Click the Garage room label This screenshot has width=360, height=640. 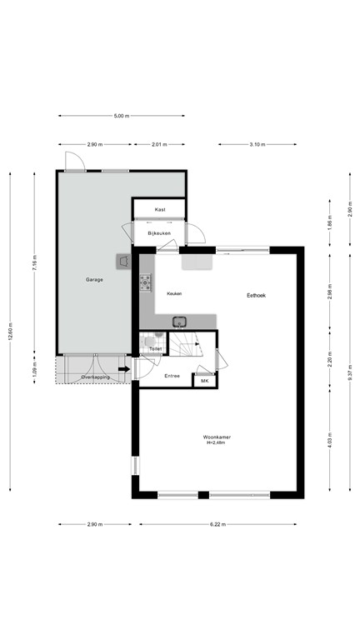pos(94,279)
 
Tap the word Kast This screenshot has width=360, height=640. pos(159,209)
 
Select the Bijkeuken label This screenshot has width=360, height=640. pos(158,233)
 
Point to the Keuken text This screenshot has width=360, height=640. pos(174,294)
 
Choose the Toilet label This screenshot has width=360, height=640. pos(154,350)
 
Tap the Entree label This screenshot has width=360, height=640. pos(172,376)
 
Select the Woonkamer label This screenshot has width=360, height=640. pos(216,437)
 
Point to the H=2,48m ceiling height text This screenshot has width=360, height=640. pos(216,443)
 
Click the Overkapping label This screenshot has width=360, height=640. pos(96,378)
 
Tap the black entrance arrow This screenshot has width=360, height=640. pos(124,368)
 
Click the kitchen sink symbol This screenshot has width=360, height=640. pos(179,321)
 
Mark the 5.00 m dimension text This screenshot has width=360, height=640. pos(122,116)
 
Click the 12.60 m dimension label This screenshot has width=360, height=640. pos(11,330)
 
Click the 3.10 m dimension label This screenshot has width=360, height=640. pos(257,144)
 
